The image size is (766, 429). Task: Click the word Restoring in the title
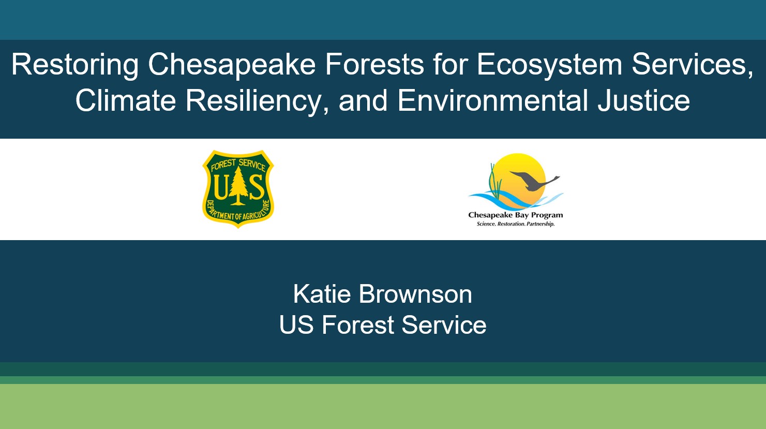75,66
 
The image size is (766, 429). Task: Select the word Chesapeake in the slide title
232,66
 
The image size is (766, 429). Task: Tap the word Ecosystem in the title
549,66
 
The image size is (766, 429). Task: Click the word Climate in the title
126,100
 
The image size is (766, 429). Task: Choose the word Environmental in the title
492,100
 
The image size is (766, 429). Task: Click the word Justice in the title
643,100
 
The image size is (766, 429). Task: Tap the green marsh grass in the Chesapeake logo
495,181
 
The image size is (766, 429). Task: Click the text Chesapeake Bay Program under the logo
515,215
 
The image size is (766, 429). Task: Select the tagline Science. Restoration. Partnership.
516,224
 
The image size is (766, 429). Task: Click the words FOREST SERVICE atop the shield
238,164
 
